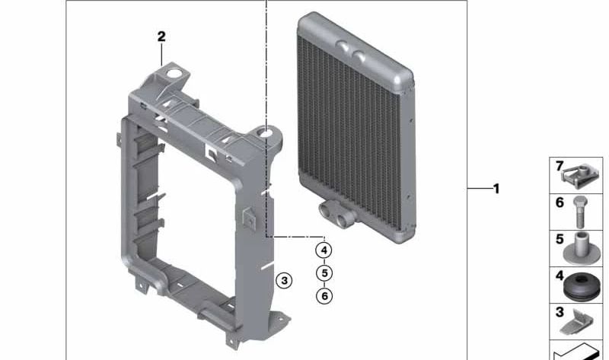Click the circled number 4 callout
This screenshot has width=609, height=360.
click(x=324, y=250)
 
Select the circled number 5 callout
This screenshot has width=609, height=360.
click(x=324, y=273)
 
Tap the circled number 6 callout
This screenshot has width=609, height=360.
click(x=324, y=296)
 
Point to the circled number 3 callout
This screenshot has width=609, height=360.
click(x=284, y=280)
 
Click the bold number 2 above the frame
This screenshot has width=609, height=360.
click(x=161, y=37)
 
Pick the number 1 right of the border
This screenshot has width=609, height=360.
click(x=496, y=189)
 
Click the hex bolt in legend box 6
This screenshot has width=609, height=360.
click(x=580, y=212)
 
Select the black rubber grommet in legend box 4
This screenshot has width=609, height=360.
click(x=581, y=287)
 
